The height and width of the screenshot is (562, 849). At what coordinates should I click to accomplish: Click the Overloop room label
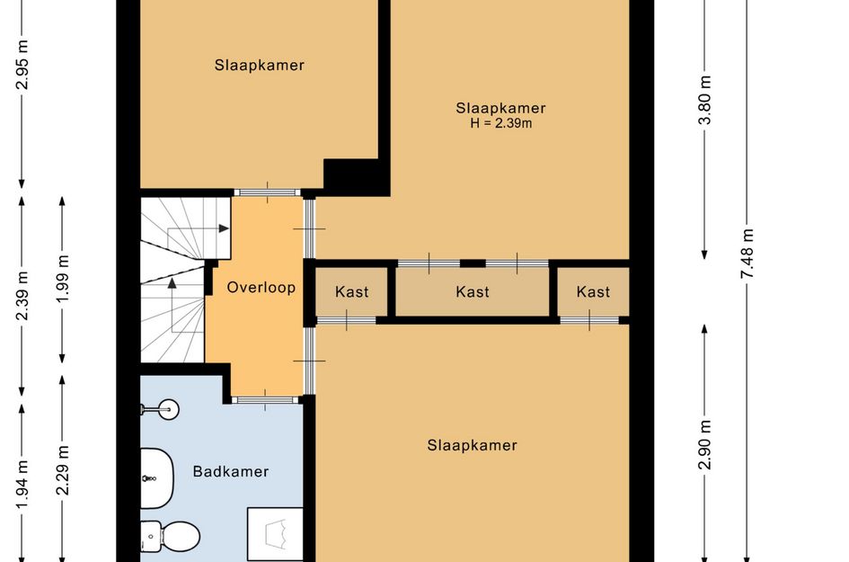(261, 287)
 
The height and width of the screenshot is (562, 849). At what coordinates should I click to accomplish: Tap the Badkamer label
(231, 471)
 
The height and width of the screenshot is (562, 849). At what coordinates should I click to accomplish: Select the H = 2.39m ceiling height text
(500, 123)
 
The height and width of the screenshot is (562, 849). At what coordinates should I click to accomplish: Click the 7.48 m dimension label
(747, 254)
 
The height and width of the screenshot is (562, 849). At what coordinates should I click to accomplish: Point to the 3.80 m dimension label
(704, 100)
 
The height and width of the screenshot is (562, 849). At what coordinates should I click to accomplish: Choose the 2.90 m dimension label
(704, 444)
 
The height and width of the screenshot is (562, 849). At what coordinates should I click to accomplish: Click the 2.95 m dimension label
(22, 65)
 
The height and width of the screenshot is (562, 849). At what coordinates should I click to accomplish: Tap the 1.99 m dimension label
(63, 279)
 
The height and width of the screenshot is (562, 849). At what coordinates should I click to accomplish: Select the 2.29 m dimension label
(63, 470)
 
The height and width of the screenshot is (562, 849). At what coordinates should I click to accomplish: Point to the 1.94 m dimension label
(22, 484)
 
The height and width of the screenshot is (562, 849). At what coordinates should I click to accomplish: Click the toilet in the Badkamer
(170, 536)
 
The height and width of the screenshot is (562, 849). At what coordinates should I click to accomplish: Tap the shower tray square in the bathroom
(275, 534)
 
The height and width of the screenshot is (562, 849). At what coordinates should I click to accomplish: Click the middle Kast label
(473, 292)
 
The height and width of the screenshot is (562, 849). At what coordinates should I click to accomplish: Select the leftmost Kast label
(352, 292)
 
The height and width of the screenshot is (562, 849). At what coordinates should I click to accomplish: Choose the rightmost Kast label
(594, 292)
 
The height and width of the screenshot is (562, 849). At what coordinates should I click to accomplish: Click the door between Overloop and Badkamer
(265, 400)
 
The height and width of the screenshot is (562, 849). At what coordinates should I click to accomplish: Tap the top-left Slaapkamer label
(260, 65)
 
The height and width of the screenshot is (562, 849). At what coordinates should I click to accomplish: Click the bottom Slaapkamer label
(473, 445)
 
